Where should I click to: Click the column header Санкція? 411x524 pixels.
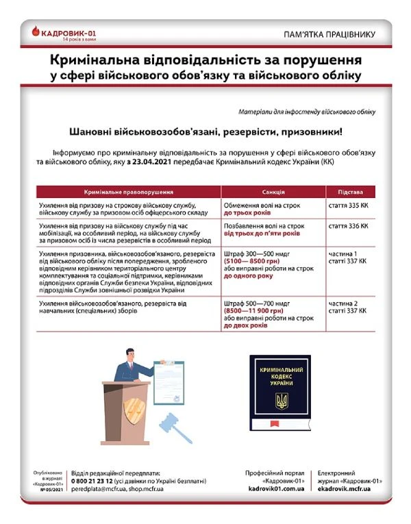coord(273,192)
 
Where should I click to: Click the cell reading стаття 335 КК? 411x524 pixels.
coord(349,205)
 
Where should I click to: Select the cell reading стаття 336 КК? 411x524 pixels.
coord(349,225)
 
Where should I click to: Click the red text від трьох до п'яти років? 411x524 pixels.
coord(262,234)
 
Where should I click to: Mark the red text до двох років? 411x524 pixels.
coord(245,325)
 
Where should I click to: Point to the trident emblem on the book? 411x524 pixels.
coord(282,401)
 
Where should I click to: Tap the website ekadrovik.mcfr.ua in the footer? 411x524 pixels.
coord(345,490)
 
